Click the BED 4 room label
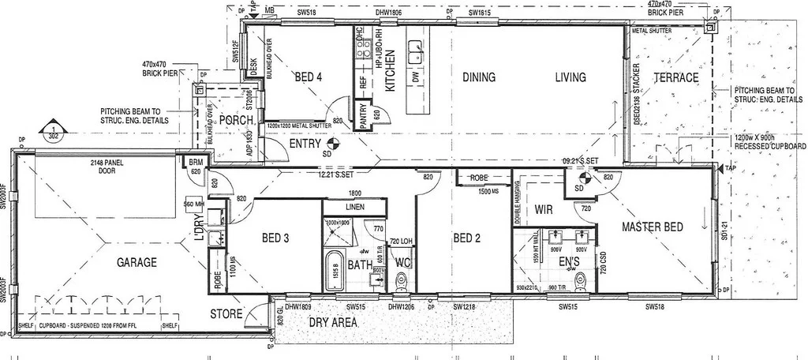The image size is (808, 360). pos(309,77)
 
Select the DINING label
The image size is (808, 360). pos(478,77)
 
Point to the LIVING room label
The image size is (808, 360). pos(570,77)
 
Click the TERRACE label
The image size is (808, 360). pos(676,78)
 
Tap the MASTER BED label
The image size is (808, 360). pos(652,227)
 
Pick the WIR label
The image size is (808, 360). pos(544,211)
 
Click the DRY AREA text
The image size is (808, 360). pos(332,323)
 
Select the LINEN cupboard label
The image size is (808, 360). pos(353,207)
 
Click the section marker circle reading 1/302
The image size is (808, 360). pos(51,131)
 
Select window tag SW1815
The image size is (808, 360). pos(481,13)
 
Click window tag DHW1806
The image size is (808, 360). pos(390,13)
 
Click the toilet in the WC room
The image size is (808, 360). pos(402,279)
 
